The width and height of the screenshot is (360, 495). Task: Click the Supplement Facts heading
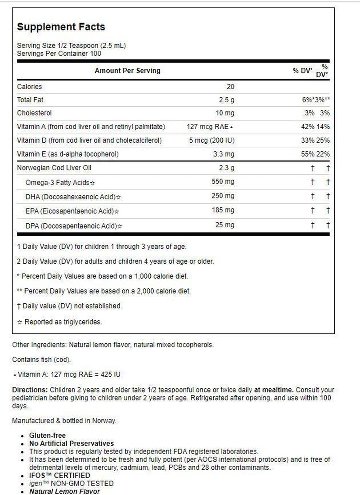tap(61, 27)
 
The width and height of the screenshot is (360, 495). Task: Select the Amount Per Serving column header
tap(127, 71)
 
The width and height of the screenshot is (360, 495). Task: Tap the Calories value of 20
tap(229, 86)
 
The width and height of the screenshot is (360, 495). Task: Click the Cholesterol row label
tap(34, 113)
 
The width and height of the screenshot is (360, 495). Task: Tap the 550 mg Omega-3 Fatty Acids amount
tap(223, 182)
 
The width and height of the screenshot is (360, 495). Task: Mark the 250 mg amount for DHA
tap(223, 196)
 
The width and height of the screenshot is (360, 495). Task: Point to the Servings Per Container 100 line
tap(59, 54)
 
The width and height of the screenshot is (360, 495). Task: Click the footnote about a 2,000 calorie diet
tap(104, 291)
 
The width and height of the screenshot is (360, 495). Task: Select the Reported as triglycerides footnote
tap(59, 322)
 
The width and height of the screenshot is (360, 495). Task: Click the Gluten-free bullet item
tap(47, 435)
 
